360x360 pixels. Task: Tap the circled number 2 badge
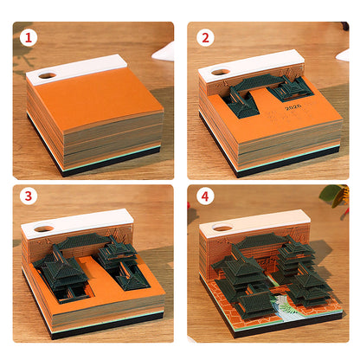click(x=205, y=38)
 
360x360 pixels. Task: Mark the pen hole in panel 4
click(x=221, y=229)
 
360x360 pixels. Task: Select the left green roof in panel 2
click(x=240, y=103)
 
